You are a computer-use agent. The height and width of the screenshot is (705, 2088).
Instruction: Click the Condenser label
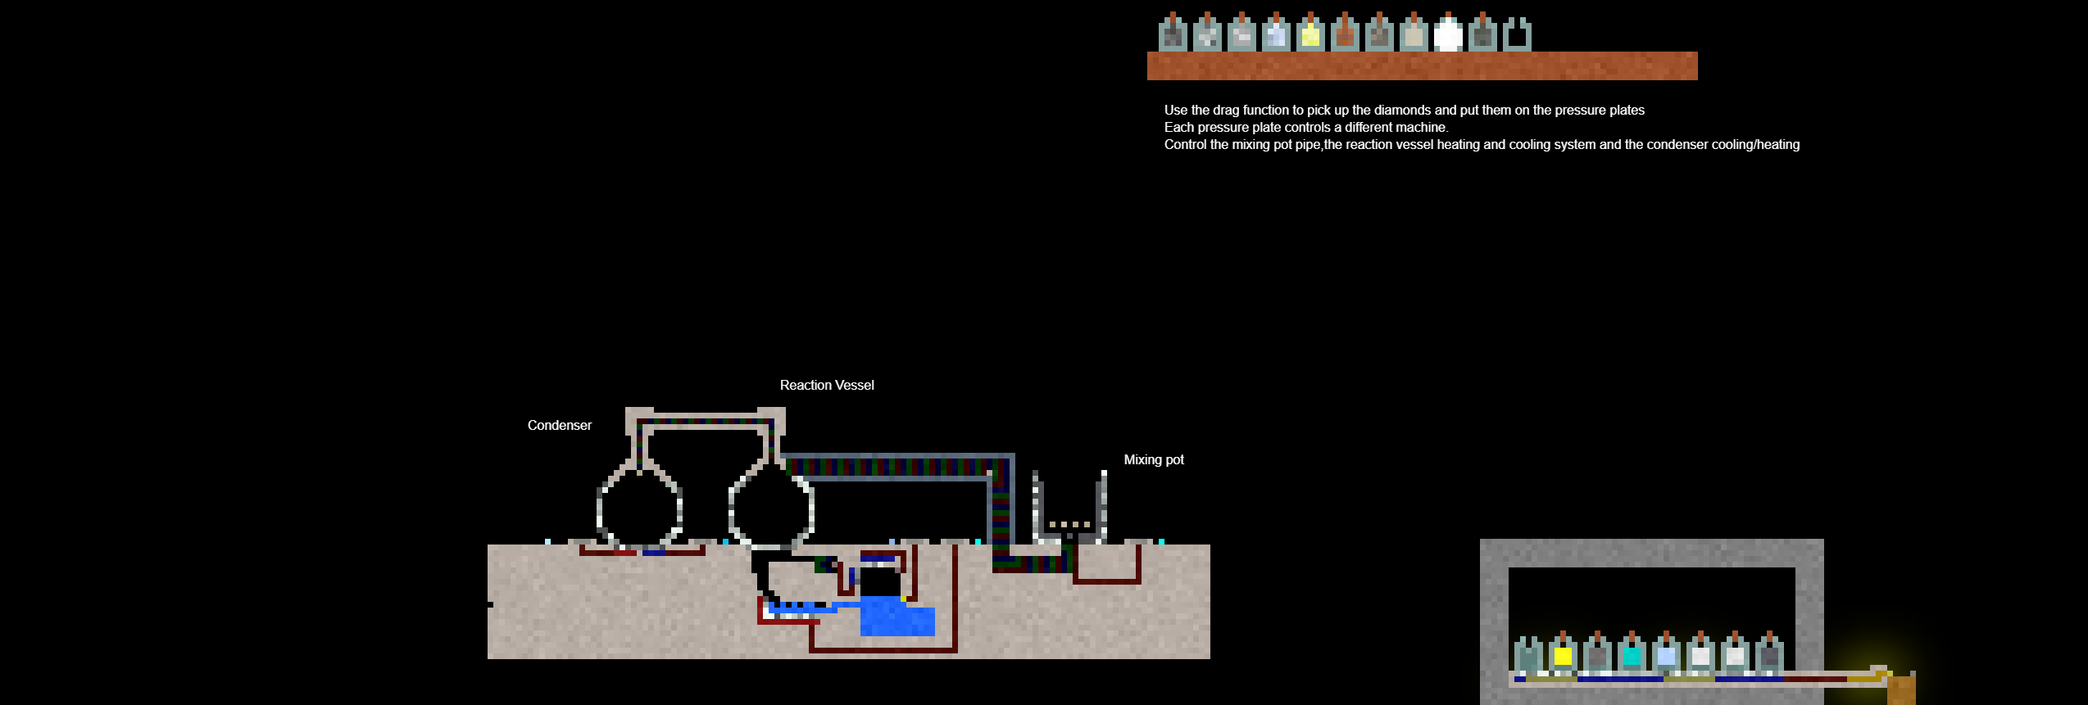click(559, 425)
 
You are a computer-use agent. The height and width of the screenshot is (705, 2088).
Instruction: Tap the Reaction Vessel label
click(826, 385)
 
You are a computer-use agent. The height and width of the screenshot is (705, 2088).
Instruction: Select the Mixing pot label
click(1153, 459)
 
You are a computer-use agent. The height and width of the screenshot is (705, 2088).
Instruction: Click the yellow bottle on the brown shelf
click(1310, 35)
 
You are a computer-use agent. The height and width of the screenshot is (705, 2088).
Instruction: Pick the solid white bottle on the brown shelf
click(1448, 35)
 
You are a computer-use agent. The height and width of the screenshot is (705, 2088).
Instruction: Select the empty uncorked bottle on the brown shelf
click(1517, 35)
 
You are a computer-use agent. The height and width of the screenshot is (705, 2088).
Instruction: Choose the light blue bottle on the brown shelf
click(1276, 35)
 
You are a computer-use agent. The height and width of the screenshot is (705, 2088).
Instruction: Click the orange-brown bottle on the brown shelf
click(1345, 35)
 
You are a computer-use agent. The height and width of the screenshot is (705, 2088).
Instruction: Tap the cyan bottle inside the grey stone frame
click(1632, 654)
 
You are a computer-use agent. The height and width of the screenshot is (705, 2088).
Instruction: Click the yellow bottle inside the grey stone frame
click(1563, 654)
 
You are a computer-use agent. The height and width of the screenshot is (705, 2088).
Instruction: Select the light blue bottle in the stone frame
click(1666, 654)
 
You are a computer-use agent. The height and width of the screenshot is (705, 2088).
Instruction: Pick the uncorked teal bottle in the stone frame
click(1528, 654)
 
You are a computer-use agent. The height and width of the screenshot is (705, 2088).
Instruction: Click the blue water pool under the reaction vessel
click(897, 618)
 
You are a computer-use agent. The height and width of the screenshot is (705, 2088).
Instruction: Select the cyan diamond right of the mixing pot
click(1161, 541)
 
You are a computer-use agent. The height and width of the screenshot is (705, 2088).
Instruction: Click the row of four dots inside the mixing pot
click(1069, 524)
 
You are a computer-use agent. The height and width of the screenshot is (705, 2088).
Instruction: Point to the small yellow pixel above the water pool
click(903, 599)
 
